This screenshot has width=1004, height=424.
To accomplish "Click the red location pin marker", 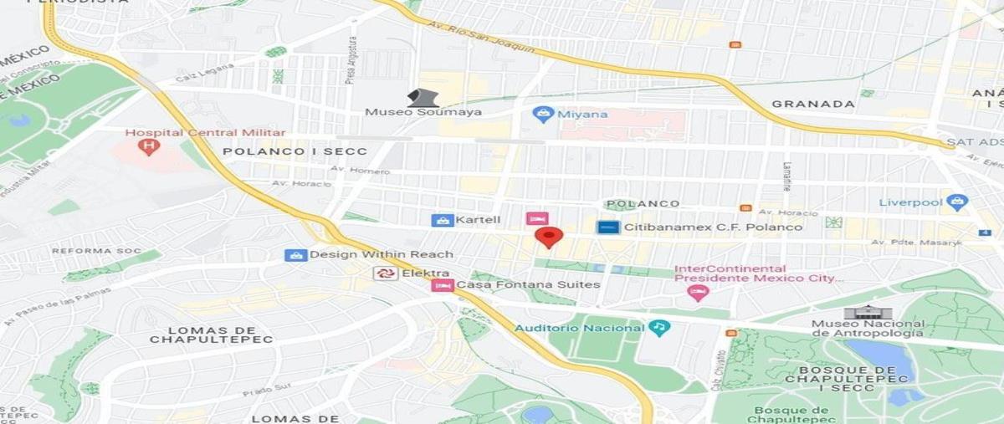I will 548,237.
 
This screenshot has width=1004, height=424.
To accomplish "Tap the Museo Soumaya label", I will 423,111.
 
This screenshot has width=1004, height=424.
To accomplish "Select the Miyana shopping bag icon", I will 543,114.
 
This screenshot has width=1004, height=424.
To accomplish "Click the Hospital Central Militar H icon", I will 149,147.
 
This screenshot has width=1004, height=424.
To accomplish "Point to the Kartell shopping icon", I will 442,221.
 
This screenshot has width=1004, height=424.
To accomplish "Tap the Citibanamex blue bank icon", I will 608,227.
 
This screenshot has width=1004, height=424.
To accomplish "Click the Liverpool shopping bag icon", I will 958,202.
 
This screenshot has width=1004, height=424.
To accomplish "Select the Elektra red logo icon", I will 385,273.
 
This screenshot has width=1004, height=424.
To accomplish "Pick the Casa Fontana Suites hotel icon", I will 442,285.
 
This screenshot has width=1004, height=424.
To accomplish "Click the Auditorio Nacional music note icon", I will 659,327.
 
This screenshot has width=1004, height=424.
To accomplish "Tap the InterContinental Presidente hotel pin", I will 697,293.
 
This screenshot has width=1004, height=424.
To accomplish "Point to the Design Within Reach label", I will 382,254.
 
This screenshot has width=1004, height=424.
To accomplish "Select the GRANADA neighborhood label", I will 813,105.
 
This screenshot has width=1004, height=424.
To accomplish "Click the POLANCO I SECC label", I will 295,151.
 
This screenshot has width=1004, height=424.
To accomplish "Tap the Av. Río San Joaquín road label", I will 481,38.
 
